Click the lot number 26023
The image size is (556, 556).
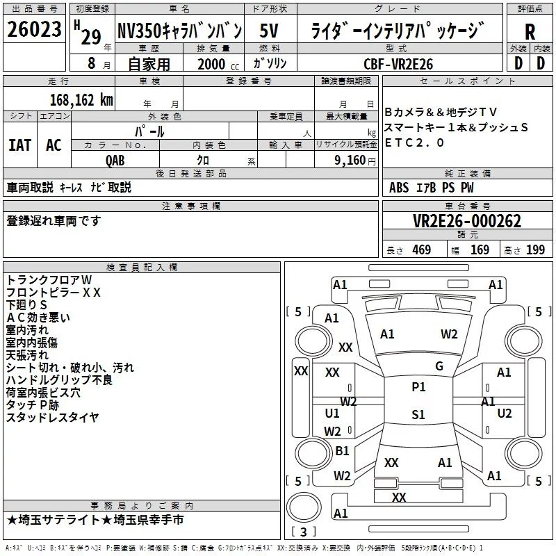point(33,31)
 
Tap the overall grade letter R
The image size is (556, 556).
point(530,32)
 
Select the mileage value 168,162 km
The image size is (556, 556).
point(81,99)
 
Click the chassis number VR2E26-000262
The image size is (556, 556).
point(467,222)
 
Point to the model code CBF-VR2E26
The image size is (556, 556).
point(398,63)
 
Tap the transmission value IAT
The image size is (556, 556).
point(19,145)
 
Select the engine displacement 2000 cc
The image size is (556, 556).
point(211,64)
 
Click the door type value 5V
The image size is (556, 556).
point(270,31)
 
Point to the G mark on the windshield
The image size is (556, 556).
point(439,366)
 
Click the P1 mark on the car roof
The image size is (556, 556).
point(418,387)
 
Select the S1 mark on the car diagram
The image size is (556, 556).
point(418,415)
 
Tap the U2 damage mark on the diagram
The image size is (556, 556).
point(505,414)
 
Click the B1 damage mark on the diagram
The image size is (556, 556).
point(342,451)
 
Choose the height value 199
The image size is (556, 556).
point(535,250)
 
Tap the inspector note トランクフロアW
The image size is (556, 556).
point(49,280)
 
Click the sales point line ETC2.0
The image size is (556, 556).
point(415,142)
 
